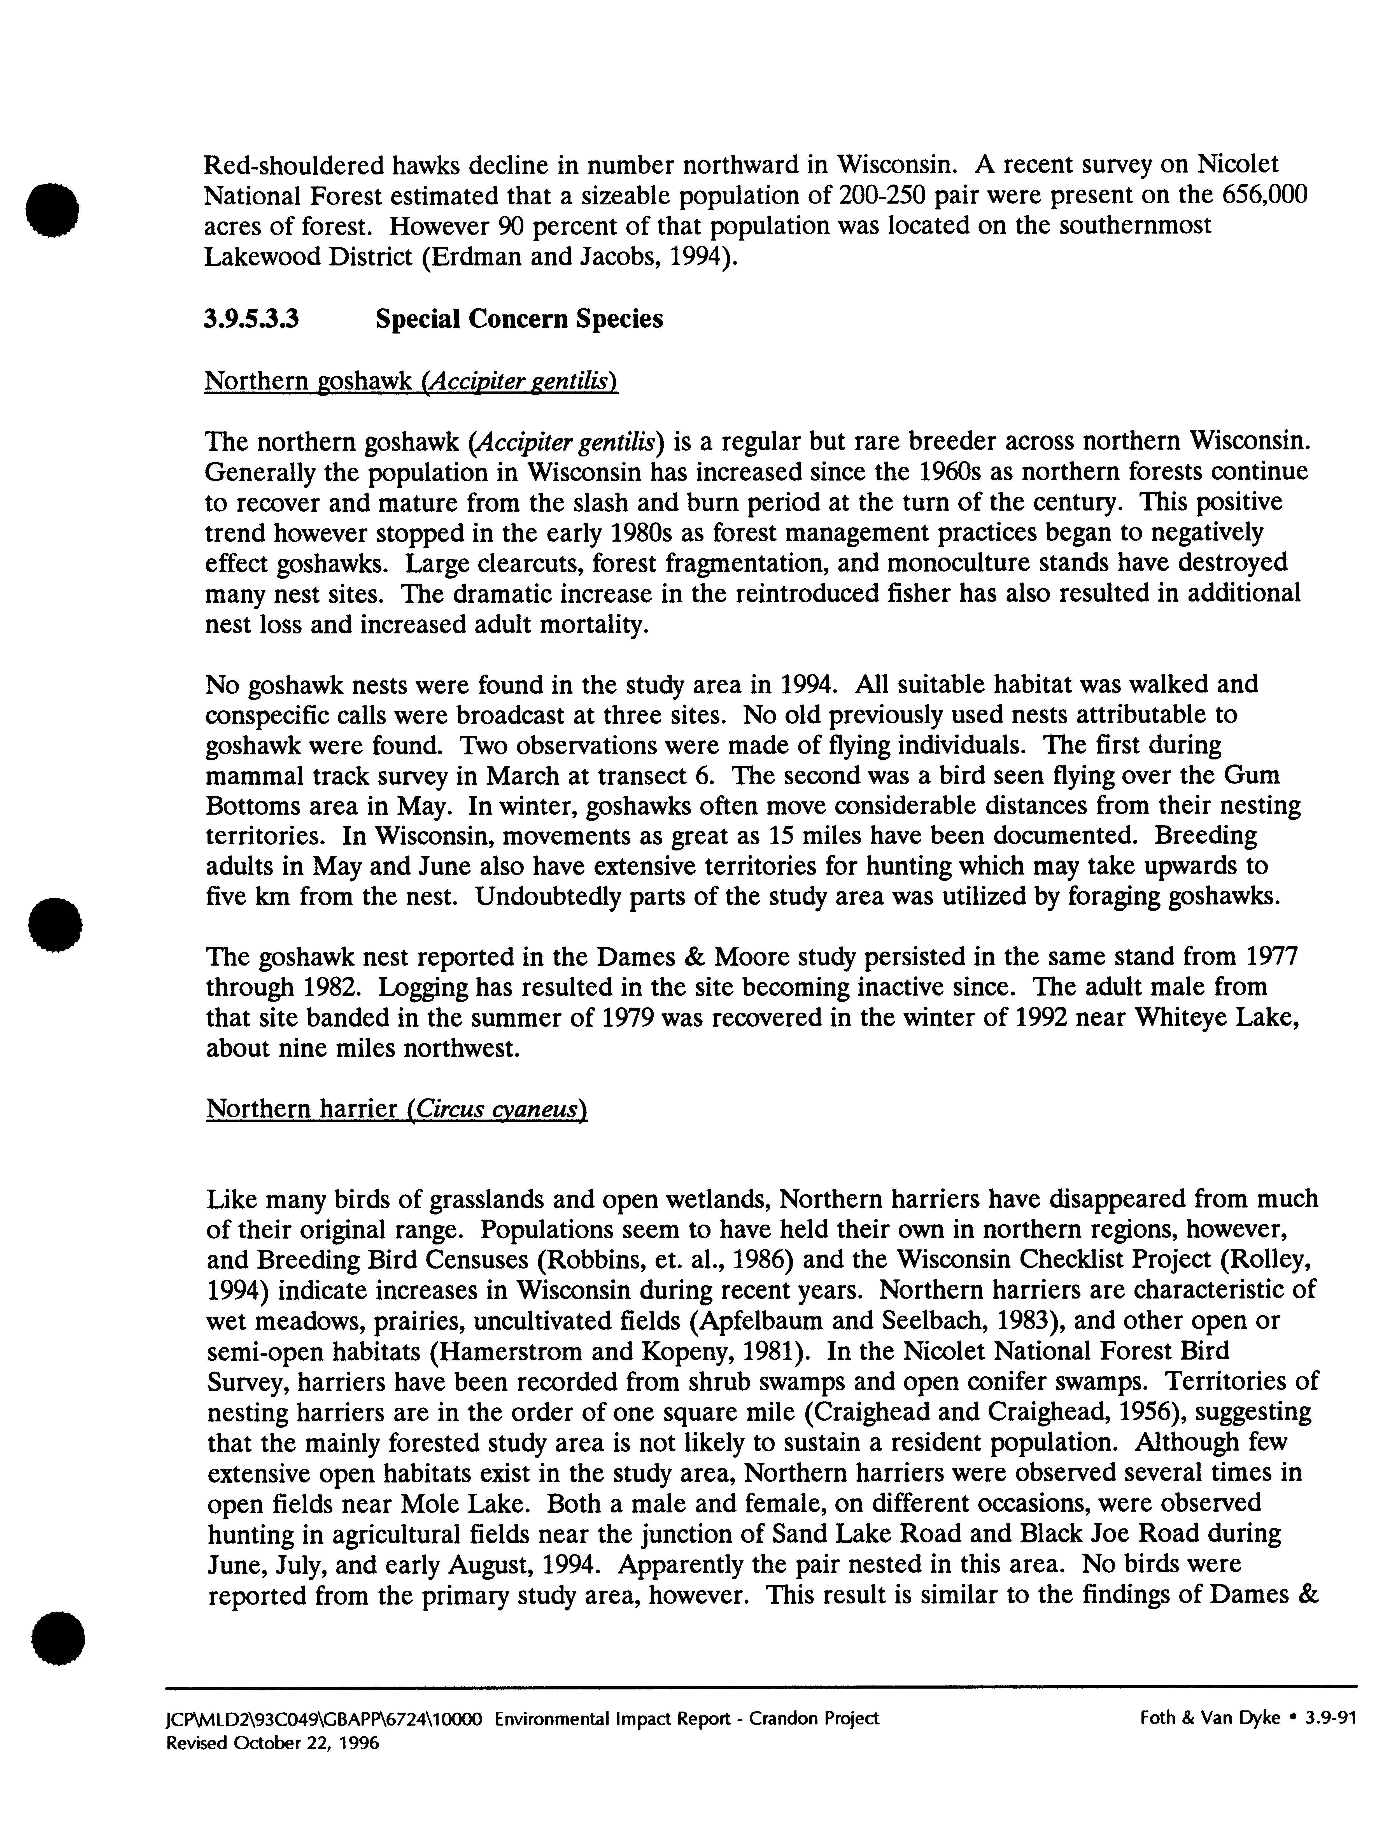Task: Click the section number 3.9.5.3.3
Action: (251, 320)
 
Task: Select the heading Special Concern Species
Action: (519, 320)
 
